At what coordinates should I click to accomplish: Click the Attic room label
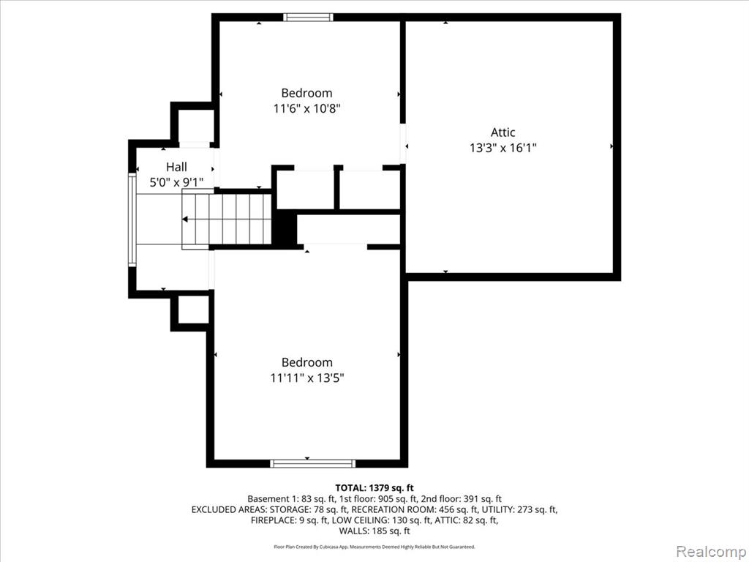[503, 132]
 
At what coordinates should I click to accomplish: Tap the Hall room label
[176, 167]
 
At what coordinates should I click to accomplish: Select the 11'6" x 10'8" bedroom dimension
[306, 108]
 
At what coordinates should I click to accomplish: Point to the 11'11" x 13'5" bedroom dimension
[307, 378]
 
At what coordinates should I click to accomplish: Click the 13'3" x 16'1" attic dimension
[503, 148]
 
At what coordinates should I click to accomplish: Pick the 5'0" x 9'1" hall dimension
[177, 182]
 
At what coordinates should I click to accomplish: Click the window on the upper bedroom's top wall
[308, 18]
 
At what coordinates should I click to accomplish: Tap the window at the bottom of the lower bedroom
[313, 463]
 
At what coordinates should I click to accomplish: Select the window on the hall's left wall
[132, 220]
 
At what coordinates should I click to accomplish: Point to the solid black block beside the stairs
[285, 228]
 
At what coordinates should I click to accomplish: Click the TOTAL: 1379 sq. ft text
[374, 488]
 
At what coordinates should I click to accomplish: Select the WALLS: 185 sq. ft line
[374, 531]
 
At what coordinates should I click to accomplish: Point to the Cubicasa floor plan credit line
[374, 547]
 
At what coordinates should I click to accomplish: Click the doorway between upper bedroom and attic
[403, 144]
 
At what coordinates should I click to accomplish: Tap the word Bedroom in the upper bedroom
[306, 93]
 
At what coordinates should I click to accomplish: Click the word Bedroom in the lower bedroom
[307, 362]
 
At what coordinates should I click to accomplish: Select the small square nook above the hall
[196, 125]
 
